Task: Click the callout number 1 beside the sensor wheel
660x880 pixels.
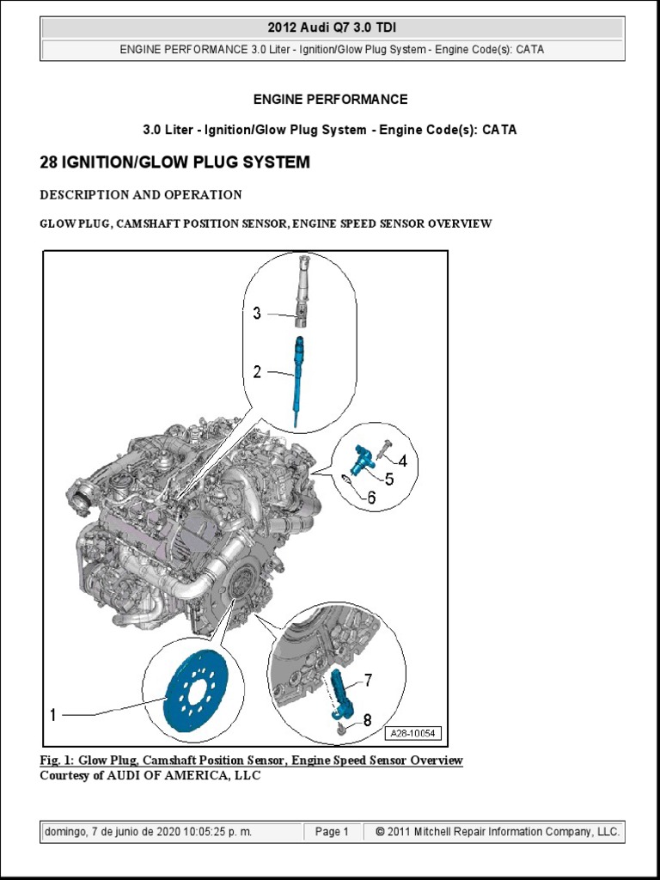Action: tap(53, 714)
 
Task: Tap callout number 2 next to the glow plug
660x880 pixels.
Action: tap(257, 371)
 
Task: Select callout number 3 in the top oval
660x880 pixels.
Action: tap(257, 314)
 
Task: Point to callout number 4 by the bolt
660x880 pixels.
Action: tap(401, 461)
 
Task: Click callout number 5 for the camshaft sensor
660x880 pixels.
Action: tap(388, 479)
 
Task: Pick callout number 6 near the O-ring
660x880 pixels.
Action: tap(371, 497)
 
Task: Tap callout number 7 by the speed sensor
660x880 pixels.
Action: tap(368, 681)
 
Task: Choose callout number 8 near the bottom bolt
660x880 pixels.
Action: tap(367, 720)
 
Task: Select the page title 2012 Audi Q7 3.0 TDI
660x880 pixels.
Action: tap(332, 28)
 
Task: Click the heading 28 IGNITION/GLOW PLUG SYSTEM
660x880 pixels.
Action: tap(174, 162)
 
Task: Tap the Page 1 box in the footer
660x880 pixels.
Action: tap(332, 832)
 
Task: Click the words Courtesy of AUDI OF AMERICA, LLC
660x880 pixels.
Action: tap(150, 775)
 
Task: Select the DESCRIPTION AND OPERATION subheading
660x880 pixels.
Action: tap(141, 195)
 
